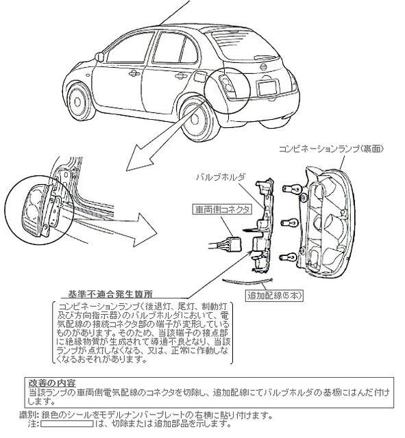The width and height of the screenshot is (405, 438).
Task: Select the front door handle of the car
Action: point(134,73)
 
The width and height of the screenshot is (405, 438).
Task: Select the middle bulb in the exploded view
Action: point(291,220)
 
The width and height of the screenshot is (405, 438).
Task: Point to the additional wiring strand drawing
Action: point(243,283)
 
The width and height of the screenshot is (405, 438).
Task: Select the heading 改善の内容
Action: point(52,382)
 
